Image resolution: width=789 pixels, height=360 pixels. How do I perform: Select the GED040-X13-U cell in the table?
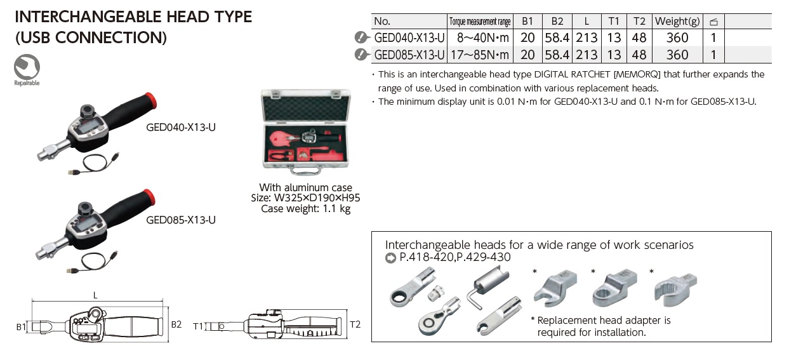click(x=409, y=37)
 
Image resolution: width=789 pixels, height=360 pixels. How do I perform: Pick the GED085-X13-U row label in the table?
click(x=409, y=55)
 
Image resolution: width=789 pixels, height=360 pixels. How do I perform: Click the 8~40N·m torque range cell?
click(x=479, y=37)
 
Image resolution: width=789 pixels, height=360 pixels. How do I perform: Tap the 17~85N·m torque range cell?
click(x=479, y=55)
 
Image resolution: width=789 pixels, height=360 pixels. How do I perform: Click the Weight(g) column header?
click(x=677, y=21)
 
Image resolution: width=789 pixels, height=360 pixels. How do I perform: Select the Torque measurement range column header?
click(x=479, y=22)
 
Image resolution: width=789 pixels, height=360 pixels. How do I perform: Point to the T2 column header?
click(x=639, y=21)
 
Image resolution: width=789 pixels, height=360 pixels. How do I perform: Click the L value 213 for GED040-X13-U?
click(x=587, y=37)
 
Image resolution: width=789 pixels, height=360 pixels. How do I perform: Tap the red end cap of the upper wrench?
click(x=150, y=99)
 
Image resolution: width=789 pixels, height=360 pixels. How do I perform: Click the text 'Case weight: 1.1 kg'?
click(x=306, y=209)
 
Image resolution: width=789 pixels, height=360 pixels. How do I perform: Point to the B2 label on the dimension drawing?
click(x=176, y=324)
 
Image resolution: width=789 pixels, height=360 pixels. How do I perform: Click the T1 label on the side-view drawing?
click(x=199, y=326)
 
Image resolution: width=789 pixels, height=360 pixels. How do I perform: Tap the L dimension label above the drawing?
click(x=96, y=295)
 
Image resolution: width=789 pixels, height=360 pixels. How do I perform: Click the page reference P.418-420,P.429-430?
click(x=454, y=257)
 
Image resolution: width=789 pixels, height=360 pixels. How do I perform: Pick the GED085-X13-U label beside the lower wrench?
click(x=181, y=220)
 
